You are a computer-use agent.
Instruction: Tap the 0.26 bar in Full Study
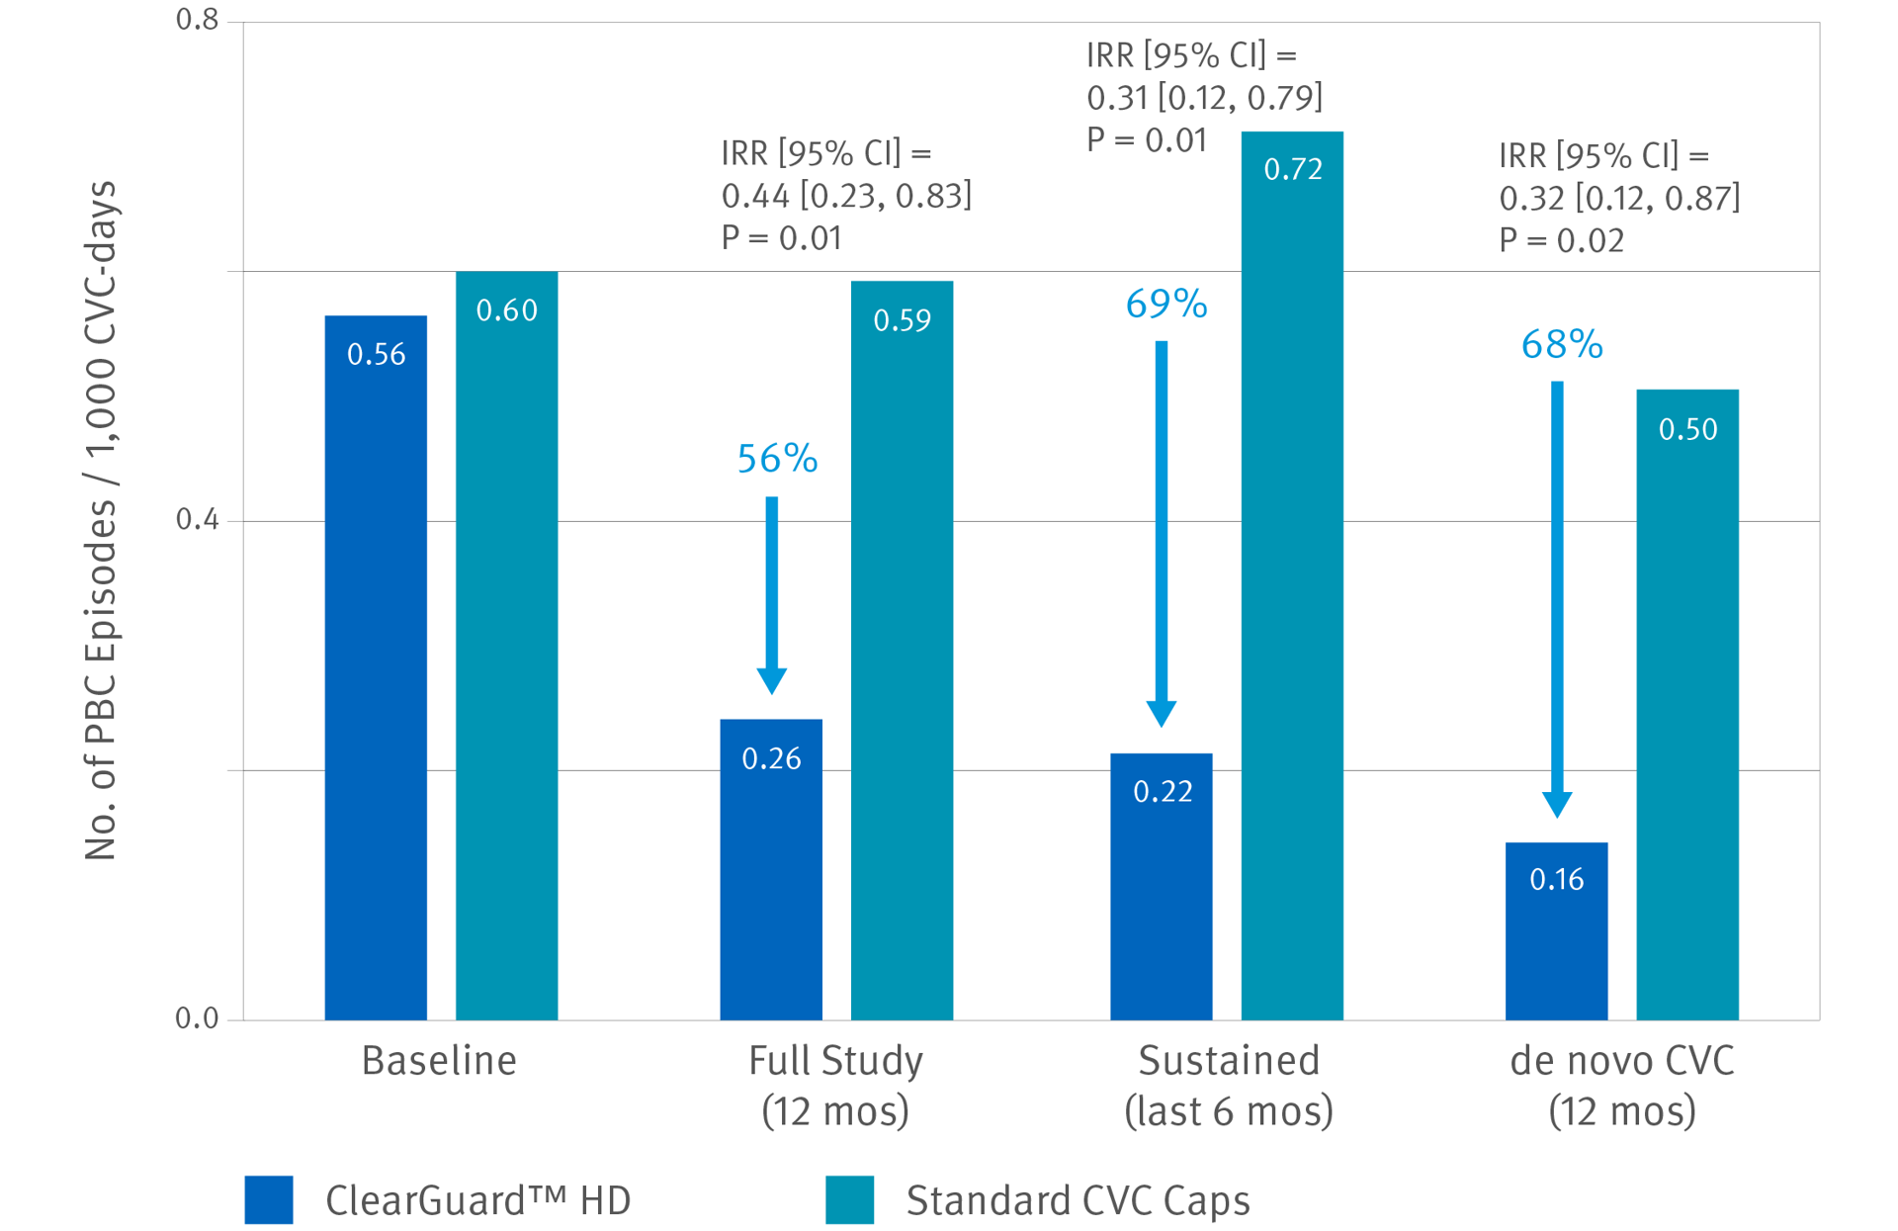[771, 869]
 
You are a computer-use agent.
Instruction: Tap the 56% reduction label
[777, 459]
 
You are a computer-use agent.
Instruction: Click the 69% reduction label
[1166, 305]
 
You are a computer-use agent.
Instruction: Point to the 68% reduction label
[1562, 344]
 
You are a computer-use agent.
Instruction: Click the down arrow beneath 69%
[1162, 534]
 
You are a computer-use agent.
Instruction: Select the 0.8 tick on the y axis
[197, 20]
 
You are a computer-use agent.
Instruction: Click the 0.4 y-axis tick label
[197, 519]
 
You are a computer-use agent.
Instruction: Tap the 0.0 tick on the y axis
[197, 1018]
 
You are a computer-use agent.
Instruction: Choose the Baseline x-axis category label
[439, 1061]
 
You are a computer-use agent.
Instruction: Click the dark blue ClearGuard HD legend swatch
[269, 1199]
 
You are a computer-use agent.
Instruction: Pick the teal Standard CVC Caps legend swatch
[849, 1199]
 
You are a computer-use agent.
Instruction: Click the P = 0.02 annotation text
[1561, 240]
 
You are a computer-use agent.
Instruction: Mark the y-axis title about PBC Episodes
[101, 520]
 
